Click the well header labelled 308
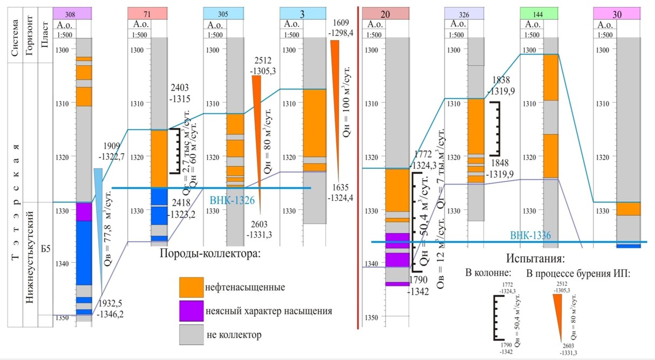pos(72,13)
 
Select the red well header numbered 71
pos(147,13)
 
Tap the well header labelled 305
pos(222,13)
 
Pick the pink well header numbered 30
pos(617,14)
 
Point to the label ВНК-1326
pos(231,199)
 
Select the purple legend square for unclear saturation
pos(192,311)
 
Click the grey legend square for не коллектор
pos(192,335)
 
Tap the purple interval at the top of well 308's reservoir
pos(84,212)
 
